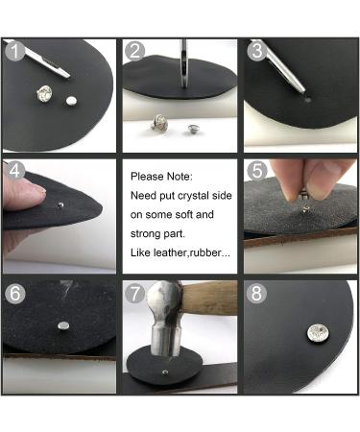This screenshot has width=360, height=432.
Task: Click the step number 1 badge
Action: (14, 51)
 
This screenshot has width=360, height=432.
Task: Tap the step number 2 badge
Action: (134, 51)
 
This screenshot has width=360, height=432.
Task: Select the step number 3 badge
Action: (256, 51)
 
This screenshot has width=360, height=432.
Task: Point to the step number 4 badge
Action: (14, 170)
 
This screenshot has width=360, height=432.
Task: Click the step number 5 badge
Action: (257, 171)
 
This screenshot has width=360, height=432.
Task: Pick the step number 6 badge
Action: (15, 293)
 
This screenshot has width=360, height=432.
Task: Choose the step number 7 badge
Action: (134, 293)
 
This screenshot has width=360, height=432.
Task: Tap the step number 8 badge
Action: (256, 293)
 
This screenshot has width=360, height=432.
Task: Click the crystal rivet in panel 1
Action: (43, 94)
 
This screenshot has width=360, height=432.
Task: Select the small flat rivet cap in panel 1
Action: (71, 101)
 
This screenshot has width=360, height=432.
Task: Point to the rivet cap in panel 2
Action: (193, 130)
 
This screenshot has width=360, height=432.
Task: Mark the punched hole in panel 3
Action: (308, 100)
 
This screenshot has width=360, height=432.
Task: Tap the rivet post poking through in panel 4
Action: (60, 204)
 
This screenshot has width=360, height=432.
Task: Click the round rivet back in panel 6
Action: (63, 326)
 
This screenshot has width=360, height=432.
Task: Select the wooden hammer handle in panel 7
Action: (209, 298)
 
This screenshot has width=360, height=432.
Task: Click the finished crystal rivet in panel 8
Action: (316, 333)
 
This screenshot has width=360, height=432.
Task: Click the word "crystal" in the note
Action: (193, 196)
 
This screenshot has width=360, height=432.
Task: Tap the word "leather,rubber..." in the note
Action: (192, 252)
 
